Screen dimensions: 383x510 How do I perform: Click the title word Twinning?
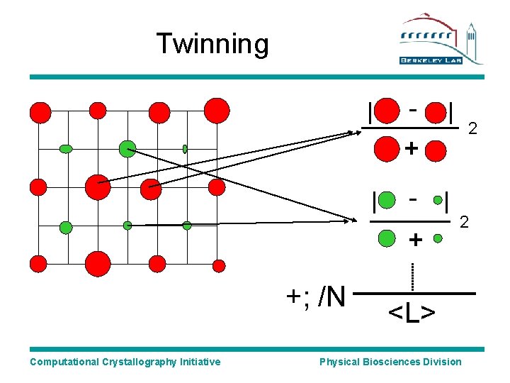[212, 44]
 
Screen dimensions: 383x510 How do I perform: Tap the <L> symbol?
[412, 311]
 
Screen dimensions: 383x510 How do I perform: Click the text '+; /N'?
[315, 296]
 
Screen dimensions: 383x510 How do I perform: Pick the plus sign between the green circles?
[416, 240]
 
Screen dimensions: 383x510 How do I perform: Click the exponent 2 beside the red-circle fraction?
[472, 129]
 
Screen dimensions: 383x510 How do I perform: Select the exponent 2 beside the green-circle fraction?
[465, 222]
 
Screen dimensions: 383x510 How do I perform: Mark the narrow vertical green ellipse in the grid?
[185, 149]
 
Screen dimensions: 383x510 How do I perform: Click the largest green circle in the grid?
[127, 148]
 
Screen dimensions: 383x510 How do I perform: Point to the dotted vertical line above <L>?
[412, 277]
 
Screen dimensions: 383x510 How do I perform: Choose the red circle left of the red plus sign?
[386, 149]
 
